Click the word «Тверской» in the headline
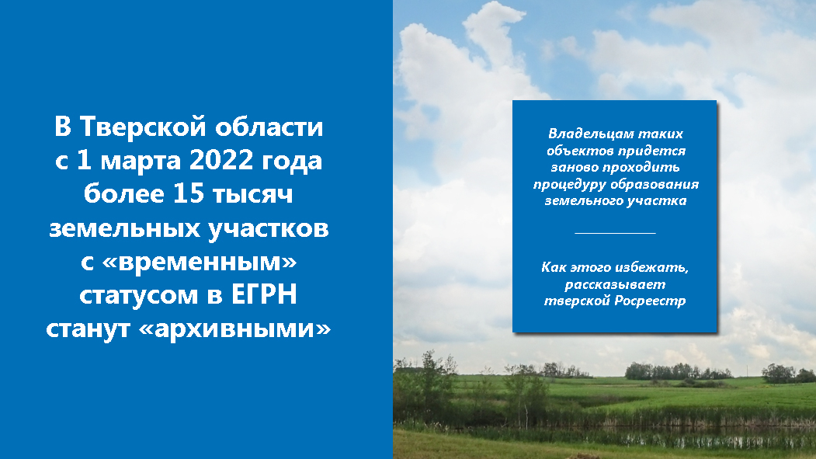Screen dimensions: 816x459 click(143, 127)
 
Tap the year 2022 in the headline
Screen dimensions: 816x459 click(221, 160)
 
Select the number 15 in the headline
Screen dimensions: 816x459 click(189, 193)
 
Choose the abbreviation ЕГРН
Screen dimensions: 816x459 click(264, 294)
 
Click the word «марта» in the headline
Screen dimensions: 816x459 click(141, 161)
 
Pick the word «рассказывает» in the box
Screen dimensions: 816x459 click(615, 285)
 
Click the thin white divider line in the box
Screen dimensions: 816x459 click(615, 233)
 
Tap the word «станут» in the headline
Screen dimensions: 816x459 click(88, 329)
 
